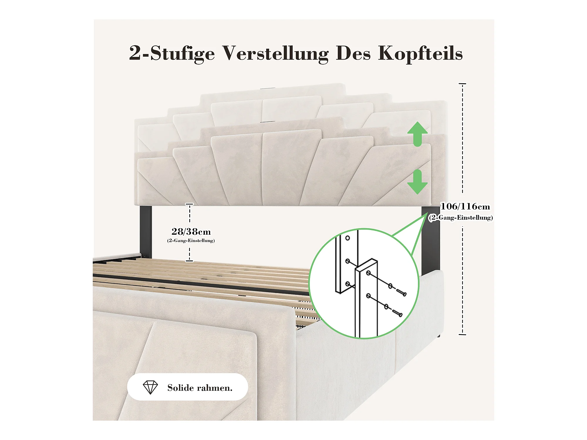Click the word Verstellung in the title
275,54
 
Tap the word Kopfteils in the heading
420,54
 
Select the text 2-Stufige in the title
172,54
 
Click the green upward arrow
417,134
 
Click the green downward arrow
417,182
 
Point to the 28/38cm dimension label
191,232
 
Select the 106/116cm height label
465,207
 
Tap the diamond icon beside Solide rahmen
150,387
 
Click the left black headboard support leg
146,232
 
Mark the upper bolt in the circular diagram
401,292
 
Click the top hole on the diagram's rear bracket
348,238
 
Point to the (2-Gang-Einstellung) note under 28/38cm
191,241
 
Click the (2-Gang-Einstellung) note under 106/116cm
461,218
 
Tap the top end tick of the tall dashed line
462,84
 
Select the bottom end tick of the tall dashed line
462,334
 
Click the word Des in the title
353,53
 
